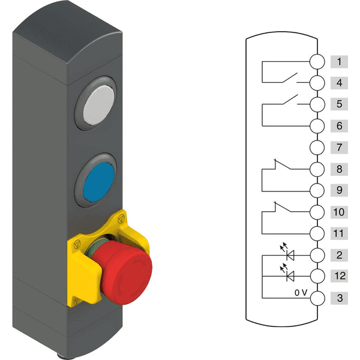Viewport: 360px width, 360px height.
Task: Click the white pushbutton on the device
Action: (x=99, y=105)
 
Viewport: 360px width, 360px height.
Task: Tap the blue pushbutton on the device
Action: (x=99, y=182)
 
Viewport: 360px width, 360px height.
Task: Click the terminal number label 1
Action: (x=339, y=62)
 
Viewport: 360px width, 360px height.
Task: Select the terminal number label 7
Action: (x=339, y=148)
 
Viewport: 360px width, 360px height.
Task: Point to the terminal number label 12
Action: (x=339, y=276)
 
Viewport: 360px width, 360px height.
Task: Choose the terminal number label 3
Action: (x=339, y=298)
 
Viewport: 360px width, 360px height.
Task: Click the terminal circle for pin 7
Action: (x=317, y=148)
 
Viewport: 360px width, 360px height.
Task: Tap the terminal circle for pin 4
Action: (x=317, y=83)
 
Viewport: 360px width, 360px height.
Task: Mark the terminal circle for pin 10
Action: (x=317, y=212)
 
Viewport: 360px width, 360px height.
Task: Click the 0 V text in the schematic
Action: (x=301, y=293)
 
